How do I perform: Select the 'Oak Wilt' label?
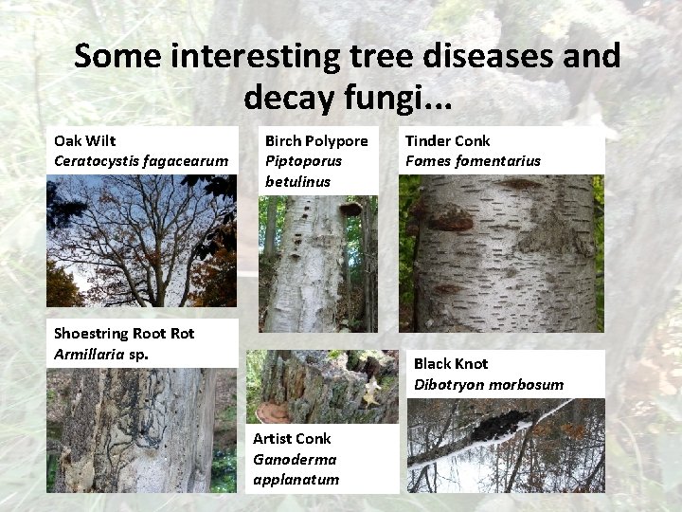click(85, 140)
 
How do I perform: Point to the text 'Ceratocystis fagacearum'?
click(141, 160)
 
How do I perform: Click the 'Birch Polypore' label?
click(316, 140)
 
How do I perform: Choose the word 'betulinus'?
click(297, 180)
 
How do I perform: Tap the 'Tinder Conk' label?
click(448, 140)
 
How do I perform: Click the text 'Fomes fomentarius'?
click(473, 160)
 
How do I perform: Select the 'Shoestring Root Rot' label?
click(124, 333)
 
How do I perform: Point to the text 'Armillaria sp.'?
click(102, 354)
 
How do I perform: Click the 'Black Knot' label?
click(451, 363)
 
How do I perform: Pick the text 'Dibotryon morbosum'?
click(489, 384)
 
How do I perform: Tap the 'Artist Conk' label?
click(292, 438)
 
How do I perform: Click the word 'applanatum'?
click(296, 479)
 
